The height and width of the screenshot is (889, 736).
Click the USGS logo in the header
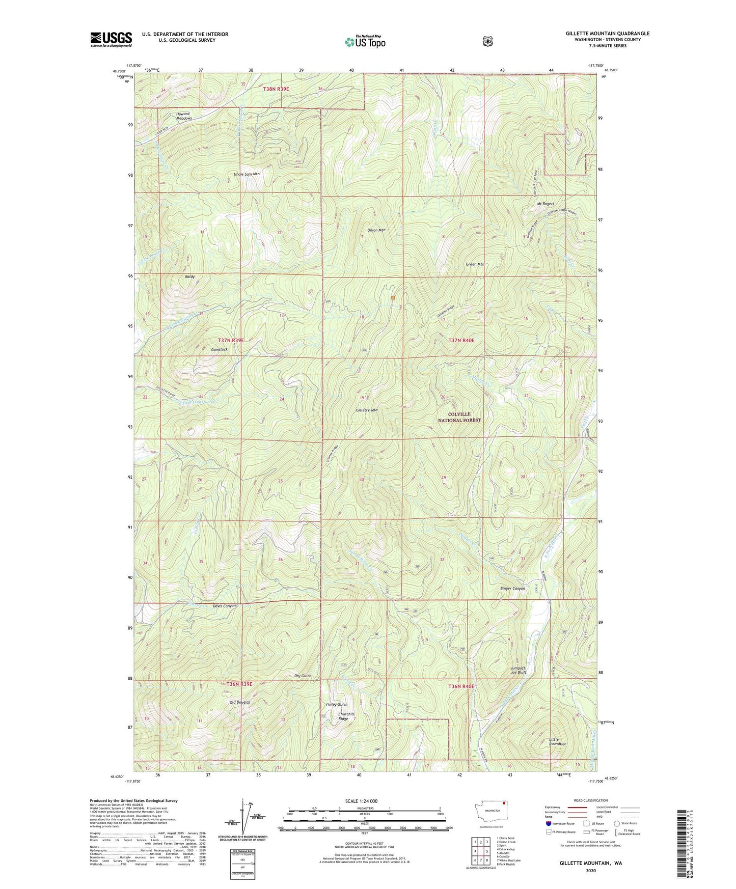[111, 39]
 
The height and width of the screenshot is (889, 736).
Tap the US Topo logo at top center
[365, 42]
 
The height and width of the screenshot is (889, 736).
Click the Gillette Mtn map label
[367, 410]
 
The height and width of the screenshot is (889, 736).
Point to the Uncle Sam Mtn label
[247, 174]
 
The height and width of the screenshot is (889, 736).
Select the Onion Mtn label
[376, 230]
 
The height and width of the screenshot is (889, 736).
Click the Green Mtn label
[475, 264]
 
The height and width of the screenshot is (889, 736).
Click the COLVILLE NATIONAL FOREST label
[459, 418]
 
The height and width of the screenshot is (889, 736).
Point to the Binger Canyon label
[512, 589]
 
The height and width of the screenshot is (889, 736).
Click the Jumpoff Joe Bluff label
[519, 670]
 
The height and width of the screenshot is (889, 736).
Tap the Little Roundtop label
[557, 741]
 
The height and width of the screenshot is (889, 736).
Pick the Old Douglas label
[239, 702]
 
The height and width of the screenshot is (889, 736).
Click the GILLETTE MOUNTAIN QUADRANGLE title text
[607, 34]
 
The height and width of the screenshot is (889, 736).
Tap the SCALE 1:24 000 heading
[361, 801]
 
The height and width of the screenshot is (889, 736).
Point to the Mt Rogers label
[545, 204]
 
